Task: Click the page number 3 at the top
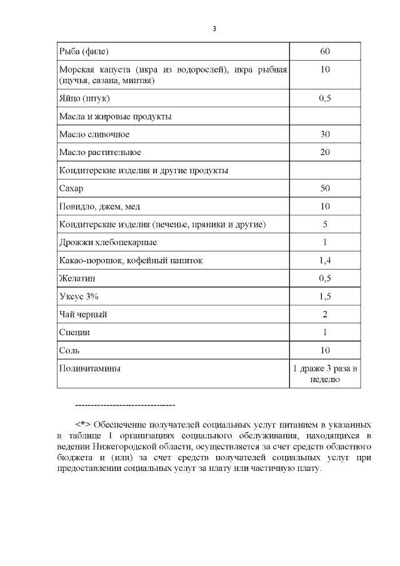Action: pos(214,28)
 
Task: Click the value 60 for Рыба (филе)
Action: pos(324,51)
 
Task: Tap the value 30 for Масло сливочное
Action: pos(324,134)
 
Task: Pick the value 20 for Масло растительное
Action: pos(324,153)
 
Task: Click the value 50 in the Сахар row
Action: pos(324,188)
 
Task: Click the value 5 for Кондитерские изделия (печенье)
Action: pos(324,224)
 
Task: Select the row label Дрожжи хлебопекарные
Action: pos(107,242)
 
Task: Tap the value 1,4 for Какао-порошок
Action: pos(324,260)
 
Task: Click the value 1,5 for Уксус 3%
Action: pos(324,296)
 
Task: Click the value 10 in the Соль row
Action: pos(324,350)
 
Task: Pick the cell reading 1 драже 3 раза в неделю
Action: pos(324,373)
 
